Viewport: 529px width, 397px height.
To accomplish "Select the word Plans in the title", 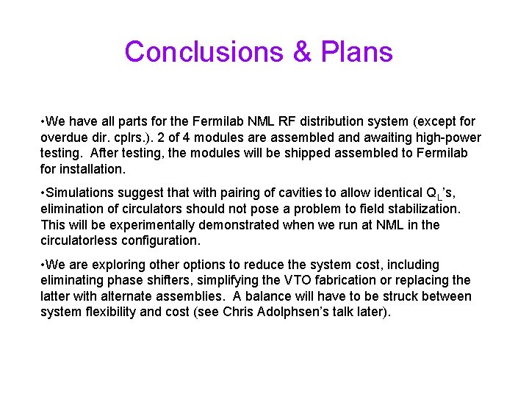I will (x=356, y=52).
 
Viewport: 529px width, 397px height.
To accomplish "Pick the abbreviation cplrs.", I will (x=129, y=137).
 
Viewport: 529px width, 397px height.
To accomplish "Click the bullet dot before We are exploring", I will (x=43, y=265).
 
